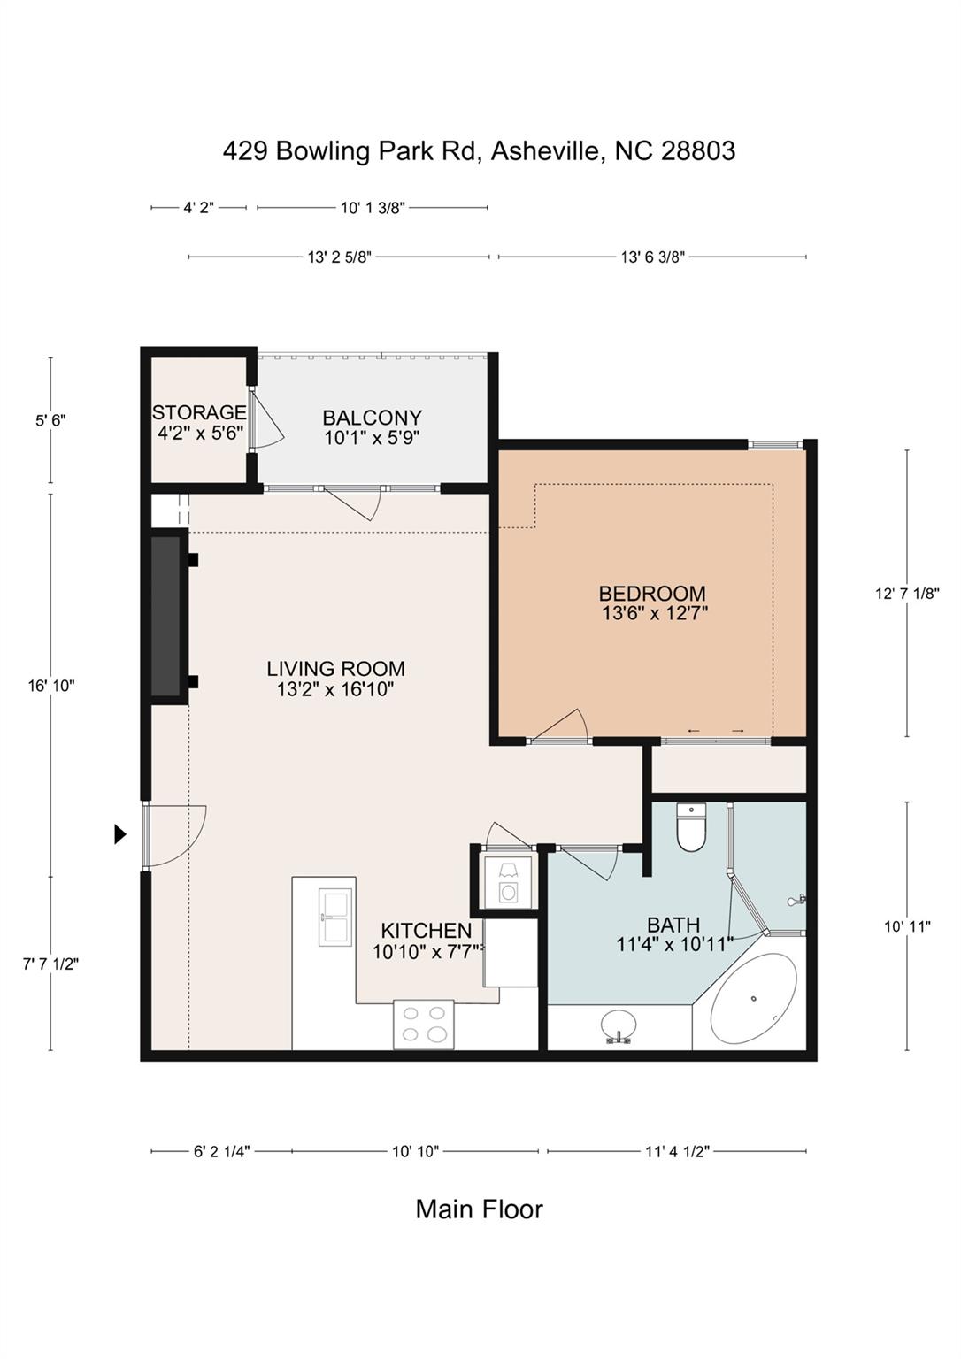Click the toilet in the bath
pyautogui.click(x=691, y=828)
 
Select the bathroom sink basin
pyautogui.click(x=618, y=1026)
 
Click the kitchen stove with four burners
pyautogui.click(x=423, y=1025)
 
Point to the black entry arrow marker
pyautogui.click(x=120, y=833)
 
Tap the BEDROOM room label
pyautogui.click(x=652, y=594)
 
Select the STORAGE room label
pyautogui.click(x=199, y=412)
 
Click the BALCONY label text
pyautogui.click(x=372, y=418)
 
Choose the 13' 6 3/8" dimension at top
pyautogui.click(x=653, y=257)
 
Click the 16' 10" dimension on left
pyautogui.click(x=51, y=685)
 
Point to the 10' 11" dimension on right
pyautogui.click(x=907, y=926)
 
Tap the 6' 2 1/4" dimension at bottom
pyautogui.click(x=221, y=1151)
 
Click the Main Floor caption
pyautogui.click(x=479, y=1209)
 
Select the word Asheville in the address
pyautogui.click(x=547, y=150)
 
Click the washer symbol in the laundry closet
pyautogui.click(x=509, y=892)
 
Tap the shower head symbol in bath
pyautogui.click(x=796, y=901)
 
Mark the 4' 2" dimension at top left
pyautogui.click(x=198, y=208)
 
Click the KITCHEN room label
pyautogui.click(x=426, y=931)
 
